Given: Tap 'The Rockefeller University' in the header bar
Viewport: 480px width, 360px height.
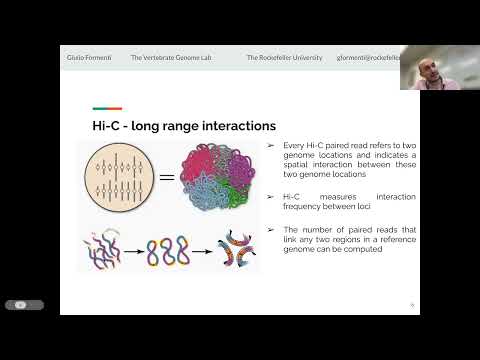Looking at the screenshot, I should [284, 58].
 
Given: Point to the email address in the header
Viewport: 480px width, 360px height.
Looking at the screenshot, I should [370, 58].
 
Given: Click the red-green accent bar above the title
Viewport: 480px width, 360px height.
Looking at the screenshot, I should [107, 109].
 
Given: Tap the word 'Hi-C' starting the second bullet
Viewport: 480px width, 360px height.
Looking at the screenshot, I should [292, 198].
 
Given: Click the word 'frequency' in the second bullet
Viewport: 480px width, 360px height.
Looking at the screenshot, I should [302, 209].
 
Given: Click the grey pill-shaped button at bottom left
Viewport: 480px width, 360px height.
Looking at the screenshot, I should [24, 304].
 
